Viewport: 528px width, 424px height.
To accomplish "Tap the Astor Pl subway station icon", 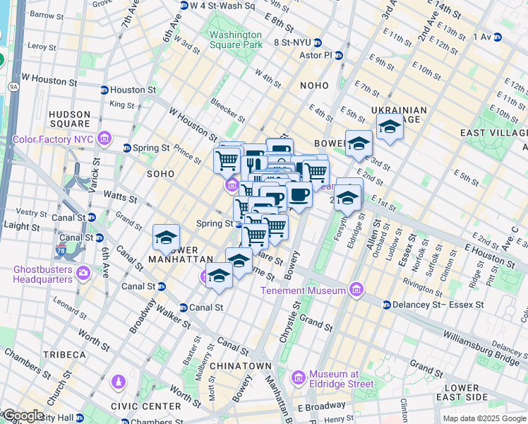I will click(339, 54).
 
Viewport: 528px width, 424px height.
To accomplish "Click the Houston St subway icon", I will click(104, 90).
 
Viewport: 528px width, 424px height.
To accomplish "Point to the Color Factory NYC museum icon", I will click(105, 138).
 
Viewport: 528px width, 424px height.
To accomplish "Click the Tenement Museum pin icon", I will click(356, 290).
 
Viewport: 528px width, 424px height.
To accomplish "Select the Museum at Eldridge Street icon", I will click(299, 379).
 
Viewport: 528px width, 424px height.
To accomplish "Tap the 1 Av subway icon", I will click(497, 37).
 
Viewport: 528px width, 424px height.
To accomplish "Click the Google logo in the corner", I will click(23, 416).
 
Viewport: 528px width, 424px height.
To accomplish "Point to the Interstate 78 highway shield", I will click(60, 250).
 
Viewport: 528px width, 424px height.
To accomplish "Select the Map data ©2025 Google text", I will click(484, 419).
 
